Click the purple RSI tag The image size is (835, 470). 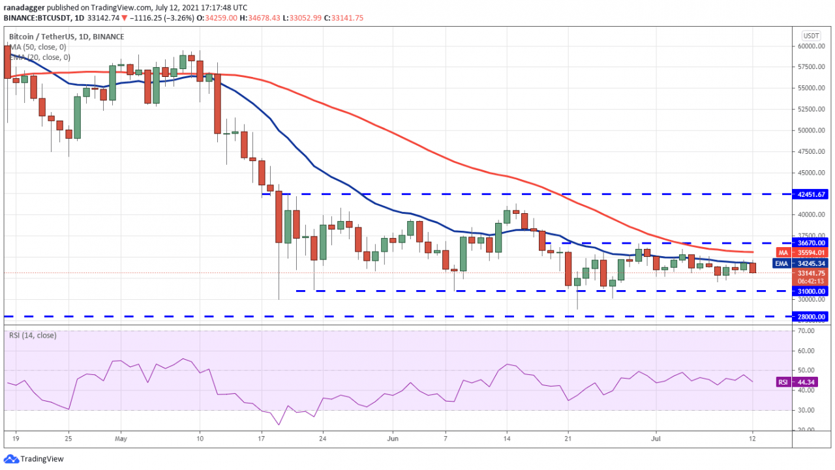782,382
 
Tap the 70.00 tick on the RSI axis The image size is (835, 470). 806,331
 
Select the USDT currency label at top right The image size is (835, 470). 811,36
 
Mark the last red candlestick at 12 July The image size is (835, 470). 753,267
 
